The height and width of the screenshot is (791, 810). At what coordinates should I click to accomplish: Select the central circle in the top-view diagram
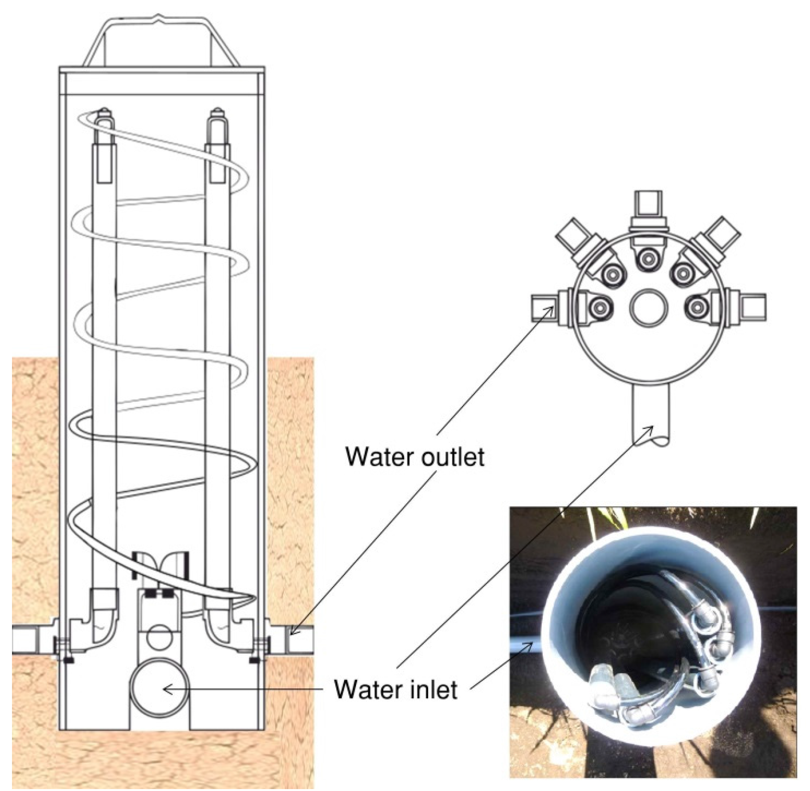(649, 307)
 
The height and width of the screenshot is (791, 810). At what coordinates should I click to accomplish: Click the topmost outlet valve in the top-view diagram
(648, 211)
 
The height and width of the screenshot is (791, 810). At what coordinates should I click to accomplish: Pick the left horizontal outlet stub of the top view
(544, 308)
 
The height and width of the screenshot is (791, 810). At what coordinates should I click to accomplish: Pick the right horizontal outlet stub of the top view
(753, 307)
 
